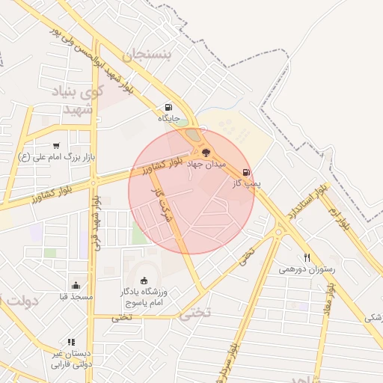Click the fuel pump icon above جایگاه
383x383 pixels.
pos(168,107)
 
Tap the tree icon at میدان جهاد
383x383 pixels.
pos(206,151)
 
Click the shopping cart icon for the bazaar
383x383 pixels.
pos(56,145)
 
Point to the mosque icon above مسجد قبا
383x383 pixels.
pos(76,285)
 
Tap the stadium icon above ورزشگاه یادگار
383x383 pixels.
pos(144,281)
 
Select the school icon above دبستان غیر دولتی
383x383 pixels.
pos(71,342)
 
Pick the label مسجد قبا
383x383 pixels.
pos(76,297)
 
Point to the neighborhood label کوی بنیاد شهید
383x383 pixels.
pos(78,100)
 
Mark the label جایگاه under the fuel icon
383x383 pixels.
pos(168,118)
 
